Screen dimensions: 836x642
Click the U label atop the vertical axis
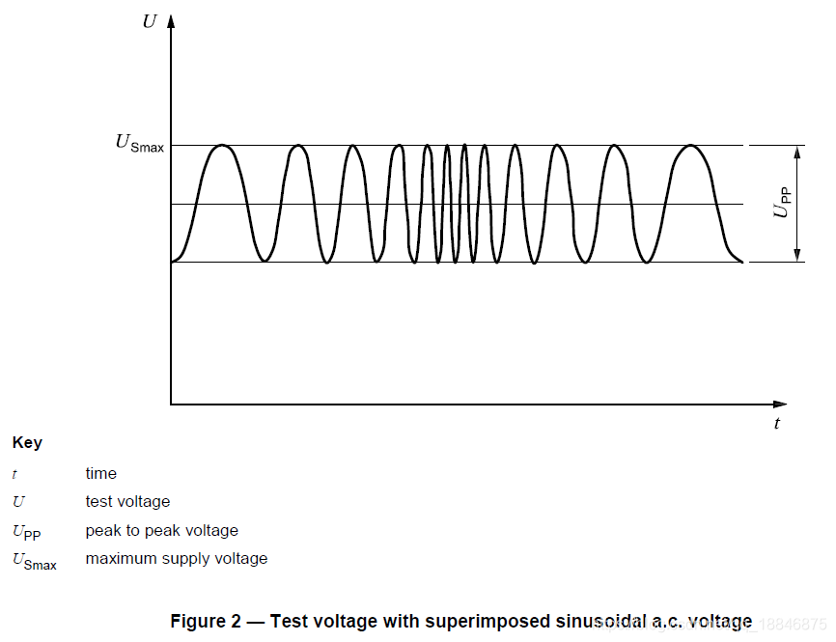(x=150, y=20)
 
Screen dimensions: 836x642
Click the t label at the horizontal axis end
(x=777, y=424)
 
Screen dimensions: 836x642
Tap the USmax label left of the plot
(x=140, y=143)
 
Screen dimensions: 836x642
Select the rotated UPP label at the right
(x=783, y=205)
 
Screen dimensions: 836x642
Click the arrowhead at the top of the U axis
(x=171, y=20)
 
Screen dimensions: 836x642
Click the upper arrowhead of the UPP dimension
(x=798, y=152)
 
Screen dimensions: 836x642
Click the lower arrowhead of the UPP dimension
(x=798, y=256)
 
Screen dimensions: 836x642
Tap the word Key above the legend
(x=27, y=443)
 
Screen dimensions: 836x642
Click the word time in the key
(x=100, y=474)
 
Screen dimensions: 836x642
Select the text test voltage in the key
(x=127, y=502)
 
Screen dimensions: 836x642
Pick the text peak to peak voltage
(x=161, y=531)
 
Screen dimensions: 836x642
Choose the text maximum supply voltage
(x=176, y=559)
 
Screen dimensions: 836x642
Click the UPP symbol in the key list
(x=26, y=532)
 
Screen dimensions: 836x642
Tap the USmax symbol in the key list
(x=34, y=561)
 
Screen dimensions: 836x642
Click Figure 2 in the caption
(x=205, y=621)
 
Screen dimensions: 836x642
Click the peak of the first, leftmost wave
(x=223, y=146)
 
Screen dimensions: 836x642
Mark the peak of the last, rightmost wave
(x=691, y=146)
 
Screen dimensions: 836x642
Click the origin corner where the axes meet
(x=171, y=404)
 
